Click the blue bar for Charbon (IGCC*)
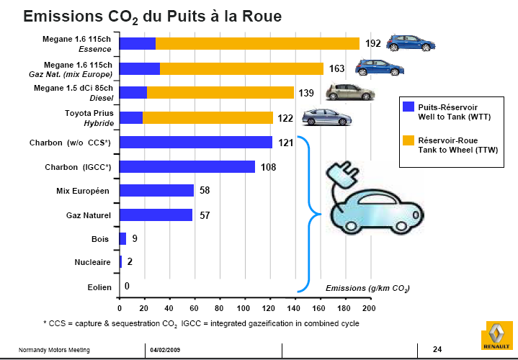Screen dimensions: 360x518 coord(187,166)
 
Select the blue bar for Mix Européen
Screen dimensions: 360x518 coord(156,190)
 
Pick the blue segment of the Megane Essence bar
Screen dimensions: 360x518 coord(137,44)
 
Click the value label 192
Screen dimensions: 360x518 coord(372,44)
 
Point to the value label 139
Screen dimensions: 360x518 coord(306,93)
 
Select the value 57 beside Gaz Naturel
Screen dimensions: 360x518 coord(205,215)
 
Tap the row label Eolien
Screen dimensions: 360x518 coord(99,287)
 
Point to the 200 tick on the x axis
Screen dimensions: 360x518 coord(369,308)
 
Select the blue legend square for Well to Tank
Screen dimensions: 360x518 coord(408,107)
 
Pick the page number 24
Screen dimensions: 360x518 coord(437,349)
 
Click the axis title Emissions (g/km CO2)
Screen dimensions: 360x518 coord(367,288)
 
